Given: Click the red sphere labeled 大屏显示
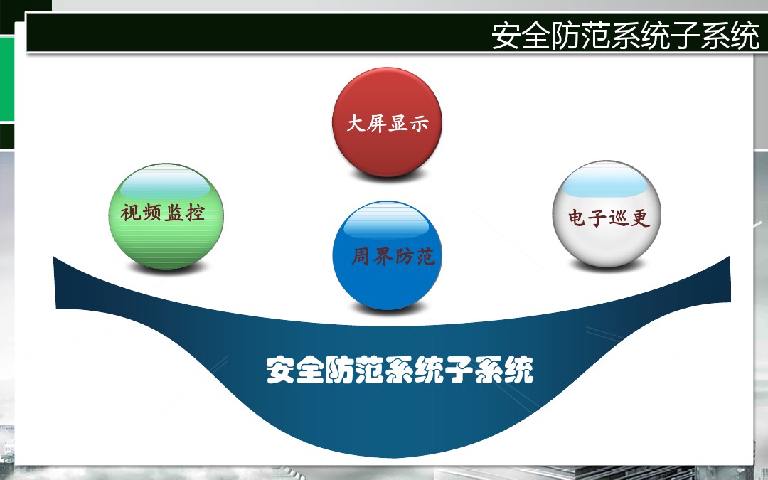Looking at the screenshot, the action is (x=387, y=122).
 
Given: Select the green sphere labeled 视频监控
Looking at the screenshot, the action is (x=166, y=216).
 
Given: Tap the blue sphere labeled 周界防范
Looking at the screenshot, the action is (x=387, y=255).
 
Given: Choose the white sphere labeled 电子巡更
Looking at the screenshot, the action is (x=607, y=213).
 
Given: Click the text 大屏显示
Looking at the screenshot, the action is (x=388, y=123).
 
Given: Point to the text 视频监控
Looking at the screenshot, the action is (x=163, y=213).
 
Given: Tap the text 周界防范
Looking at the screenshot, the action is (x=393, y=256).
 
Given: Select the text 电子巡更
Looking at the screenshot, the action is (x=609, y=218).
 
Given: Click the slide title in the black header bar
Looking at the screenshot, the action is (x=626, y=35).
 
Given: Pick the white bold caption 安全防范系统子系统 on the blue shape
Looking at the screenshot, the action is (x=400, y=370).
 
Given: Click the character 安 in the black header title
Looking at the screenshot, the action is (x=506, y=35).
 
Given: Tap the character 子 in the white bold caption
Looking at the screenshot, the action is (x=459, y=370).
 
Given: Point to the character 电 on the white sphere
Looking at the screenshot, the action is (x=577, y=218).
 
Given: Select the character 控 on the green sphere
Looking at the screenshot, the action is (x=196, y=213).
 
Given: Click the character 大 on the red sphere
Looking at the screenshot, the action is (x=356, y=123).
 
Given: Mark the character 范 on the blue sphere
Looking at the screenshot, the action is (x=426, y=257).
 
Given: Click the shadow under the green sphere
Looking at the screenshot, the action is (x=166, y=267).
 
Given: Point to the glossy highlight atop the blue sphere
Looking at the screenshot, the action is (x=387, y=220).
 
